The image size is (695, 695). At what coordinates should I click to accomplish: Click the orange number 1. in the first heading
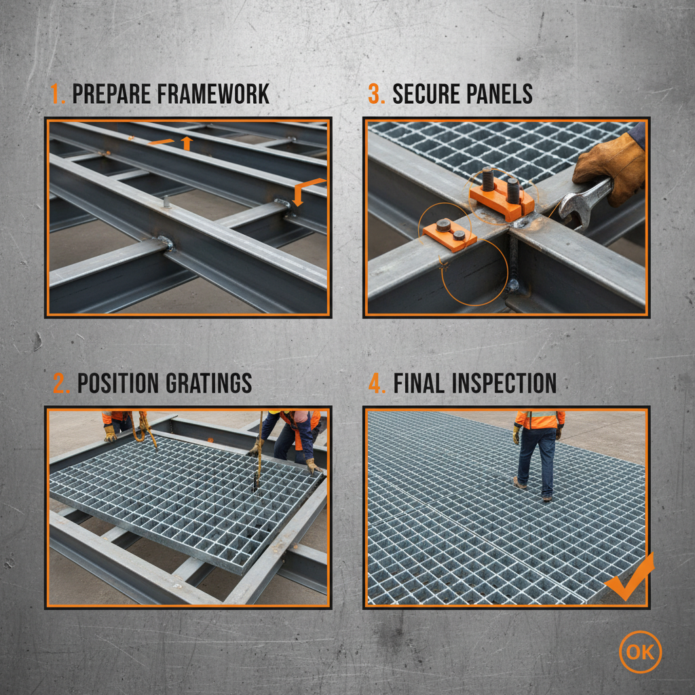(x=58, y=94)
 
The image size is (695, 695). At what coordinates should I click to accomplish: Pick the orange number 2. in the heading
(x=61, y=383)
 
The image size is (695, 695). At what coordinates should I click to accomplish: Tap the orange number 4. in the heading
(x=377, y=383)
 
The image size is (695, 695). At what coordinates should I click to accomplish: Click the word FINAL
(x=418, y=383)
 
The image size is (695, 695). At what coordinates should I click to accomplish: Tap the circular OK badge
(x=640, y=652)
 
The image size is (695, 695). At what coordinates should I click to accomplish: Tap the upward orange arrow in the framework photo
(x=187, y=143)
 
